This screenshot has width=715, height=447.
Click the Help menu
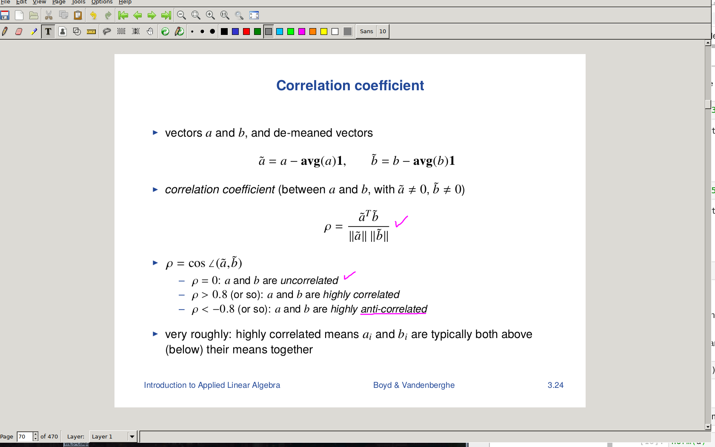coord(125,2)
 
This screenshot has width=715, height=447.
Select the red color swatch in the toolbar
coord(246,32)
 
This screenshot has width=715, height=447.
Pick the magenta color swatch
coord(302,32)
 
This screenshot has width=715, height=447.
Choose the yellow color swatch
coord(323,32)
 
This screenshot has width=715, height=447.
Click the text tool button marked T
coord(48,32)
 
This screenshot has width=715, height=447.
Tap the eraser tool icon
coord(19,32)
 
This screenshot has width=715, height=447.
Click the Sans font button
coord(366,32)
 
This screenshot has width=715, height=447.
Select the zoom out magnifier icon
coord(181,15)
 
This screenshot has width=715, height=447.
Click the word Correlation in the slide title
coord(313,86)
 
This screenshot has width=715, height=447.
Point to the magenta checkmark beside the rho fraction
coord(401,221)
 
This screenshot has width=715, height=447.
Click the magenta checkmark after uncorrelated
coord(349,275)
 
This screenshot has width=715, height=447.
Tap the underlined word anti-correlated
coord(394,309)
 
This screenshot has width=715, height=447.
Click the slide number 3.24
coord(555,385)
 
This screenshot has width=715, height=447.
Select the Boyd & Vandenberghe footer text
coord(414,385)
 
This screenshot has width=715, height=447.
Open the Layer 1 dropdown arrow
coord(132,436)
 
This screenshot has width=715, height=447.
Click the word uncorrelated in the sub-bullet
coord(309,280)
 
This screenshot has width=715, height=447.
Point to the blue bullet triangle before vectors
coord(155,132)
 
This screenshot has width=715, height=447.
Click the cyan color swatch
coord(280,32)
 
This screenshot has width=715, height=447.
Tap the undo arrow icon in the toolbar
coord(93,15)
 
